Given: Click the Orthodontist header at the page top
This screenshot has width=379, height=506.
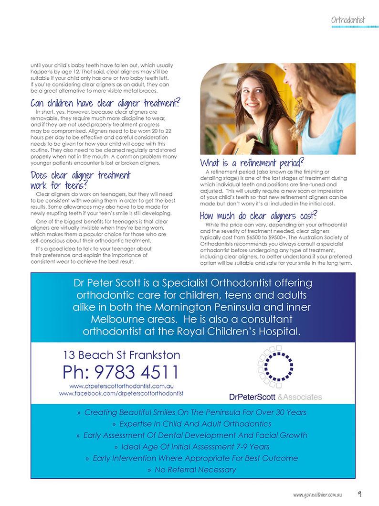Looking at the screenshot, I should coord(348,20).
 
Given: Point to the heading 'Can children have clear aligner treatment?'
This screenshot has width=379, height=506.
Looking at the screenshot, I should coord(105,103).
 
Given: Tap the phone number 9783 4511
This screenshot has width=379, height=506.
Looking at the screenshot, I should coord(120,372).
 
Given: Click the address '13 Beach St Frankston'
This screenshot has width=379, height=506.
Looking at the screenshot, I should coord(122,355).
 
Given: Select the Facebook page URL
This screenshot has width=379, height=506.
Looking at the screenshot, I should coord(121,393).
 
